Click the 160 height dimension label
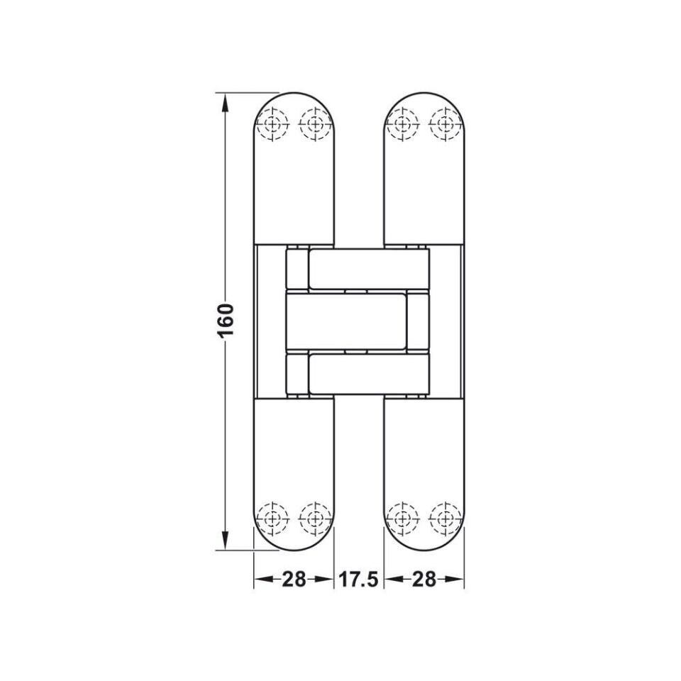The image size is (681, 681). click(x=226, y=321)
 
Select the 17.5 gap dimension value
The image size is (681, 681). click(x=358, y=580)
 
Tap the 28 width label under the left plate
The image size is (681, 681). click(x=294, y=580)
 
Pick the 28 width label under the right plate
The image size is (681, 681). click(x=423, y=580)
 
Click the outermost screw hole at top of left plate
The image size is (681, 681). click(x=272, y=125)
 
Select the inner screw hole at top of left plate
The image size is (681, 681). click(x=314, y=125)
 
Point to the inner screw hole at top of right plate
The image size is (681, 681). click(x=404, y=125)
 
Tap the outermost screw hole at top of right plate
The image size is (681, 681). click(x=445, y=125)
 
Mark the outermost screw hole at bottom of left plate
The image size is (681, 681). click(x=272, y=519)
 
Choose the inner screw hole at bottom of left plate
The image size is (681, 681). click(x=314, y=519)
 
